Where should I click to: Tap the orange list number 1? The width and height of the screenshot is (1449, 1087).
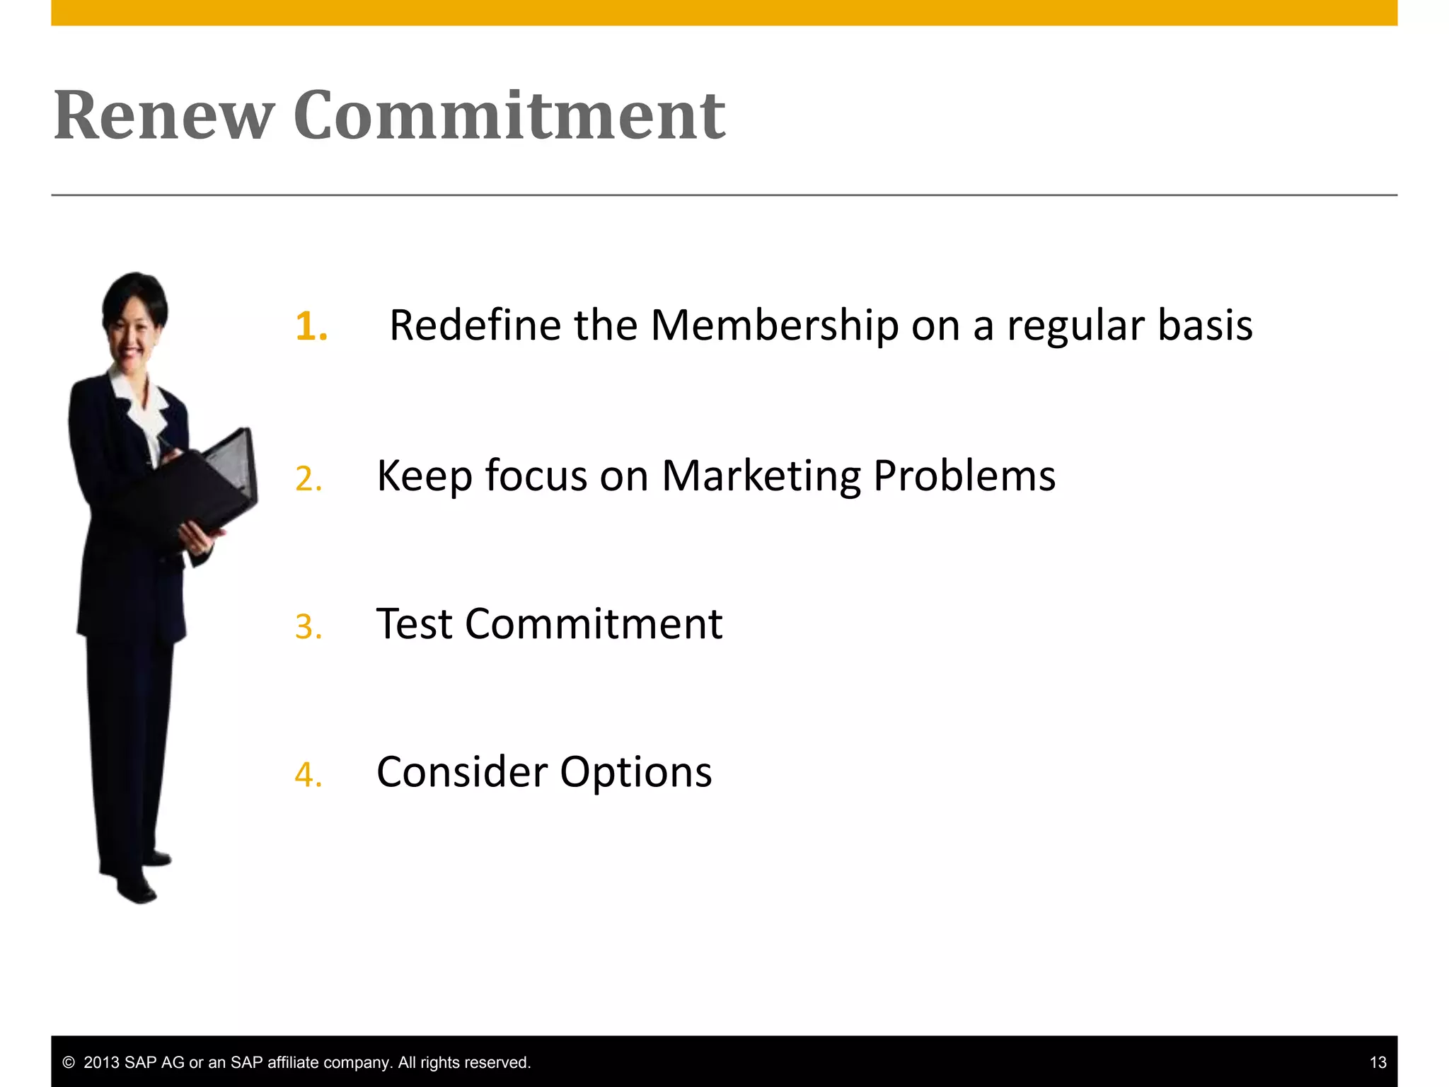[311, 326]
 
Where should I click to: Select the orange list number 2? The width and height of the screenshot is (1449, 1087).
[308, 479]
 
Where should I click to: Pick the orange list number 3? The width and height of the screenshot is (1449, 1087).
[308, 627]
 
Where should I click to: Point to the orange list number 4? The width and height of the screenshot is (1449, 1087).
[308, 774]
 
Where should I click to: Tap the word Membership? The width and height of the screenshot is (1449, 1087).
[774, 326]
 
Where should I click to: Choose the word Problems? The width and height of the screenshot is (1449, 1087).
[964, 476]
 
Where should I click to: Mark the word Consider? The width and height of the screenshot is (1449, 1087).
[462, 772]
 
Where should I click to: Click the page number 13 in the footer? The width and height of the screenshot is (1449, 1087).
[1378, 1062]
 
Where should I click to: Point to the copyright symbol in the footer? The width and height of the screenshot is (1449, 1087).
[69, 1062]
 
